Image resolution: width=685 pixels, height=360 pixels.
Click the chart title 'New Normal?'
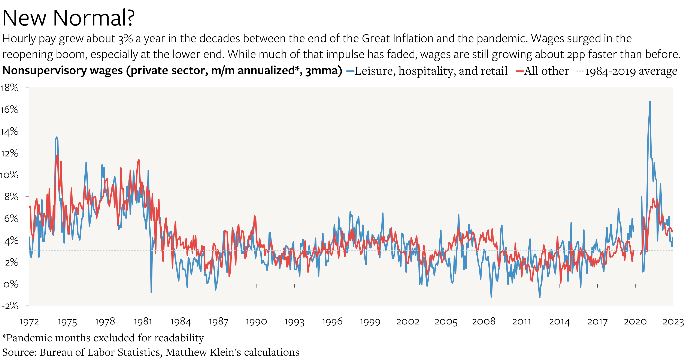coord(68,18)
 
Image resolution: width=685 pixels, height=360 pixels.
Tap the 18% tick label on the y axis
coord(10,88)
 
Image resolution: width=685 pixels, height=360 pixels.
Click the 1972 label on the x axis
coord(29,322)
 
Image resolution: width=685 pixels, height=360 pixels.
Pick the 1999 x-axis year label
coord(370,322)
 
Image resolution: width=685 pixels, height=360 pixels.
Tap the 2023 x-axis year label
coord(673,322)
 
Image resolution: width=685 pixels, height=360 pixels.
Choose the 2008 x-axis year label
coord(484,322)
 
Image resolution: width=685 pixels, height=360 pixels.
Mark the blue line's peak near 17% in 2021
coord(650,101)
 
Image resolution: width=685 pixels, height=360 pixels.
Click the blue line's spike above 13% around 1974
coord(56,137)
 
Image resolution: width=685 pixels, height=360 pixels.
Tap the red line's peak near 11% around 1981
coord(139,160)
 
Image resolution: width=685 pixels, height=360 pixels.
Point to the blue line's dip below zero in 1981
coord(151,292)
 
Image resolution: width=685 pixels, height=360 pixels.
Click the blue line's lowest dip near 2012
coord(540,297)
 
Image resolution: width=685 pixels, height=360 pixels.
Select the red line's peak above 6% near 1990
coord(254,216)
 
